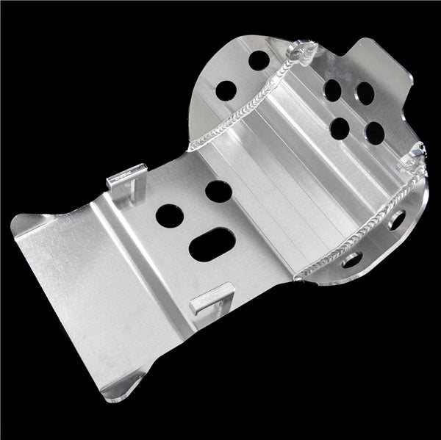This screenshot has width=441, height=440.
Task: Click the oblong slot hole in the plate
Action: tap(212, 244)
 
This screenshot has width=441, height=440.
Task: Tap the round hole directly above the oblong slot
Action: tap(218, 192)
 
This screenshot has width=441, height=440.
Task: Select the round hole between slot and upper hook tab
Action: tap(169, 215)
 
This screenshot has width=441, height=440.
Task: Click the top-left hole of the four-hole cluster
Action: tap(332, 90)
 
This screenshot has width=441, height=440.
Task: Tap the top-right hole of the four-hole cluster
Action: tap(365, 93)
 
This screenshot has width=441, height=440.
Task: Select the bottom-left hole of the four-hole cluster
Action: tap(340, 129)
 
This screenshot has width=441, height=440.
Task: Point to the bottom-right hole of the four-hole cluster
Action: tap(374, 133)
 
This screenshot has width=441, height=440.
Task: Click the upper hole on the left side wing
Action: tap(258, 60)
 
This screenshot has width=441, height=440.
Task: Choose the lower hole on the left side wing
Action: tap(226, 90)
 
